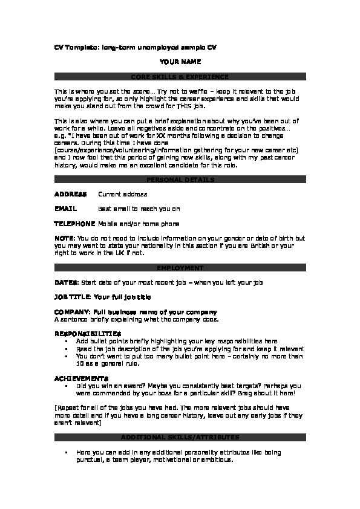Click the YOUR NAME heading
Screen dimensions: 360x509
coord(180,62)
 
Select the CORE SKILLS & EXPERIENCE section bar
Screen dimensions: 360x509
coord(180,77)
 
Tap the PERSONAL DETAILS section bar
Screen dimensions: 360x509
coord(180,180)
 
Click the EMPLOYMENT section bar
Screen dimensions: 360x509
coord(180,267)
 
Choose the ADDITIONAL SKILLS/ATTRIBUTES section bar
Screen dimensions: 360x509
coord(180,437)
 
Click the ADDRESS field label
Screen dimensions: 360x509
coord(70,194)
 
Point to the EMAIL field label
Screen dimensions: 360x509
coord(65,209)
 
